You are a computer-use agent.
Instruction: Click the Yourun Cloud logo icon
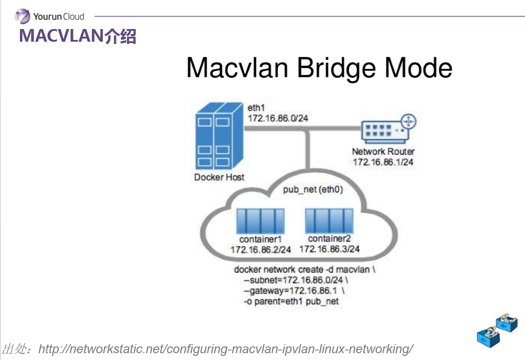[23, 16]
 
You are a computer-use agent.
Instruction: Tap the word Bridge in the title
[336, 68]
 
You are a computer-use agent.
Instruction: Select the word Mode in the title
[419, 68]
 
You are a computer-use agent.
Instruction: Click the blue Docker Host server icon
[219, 136]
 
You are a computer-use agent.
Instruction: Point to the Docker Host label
[219, 177]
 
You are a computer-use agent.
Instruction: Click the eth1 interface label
[256, 107]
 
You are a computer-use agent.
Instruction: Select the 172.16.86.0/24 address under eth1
[278, 118]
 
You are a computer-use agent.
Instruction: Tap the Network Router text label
[383, 151]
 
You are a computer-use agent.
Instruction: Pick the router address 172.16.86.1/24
[383, 162]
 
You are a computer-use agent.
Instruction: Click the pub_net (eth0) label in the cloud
[313, 190]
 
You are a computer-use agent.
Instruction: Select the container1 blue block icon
[260, 221]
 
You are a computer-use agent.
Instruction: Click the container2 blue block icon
[329, 220]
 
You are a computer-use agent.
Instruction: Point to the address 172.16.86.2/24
[260, 250]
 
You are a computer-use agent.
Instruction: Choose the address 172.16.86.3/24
[329, 249]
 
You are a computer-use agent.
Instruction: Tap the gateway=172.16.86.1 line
[294, 291]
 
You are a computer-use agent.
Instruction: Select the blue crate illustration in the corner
[497, 330]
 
